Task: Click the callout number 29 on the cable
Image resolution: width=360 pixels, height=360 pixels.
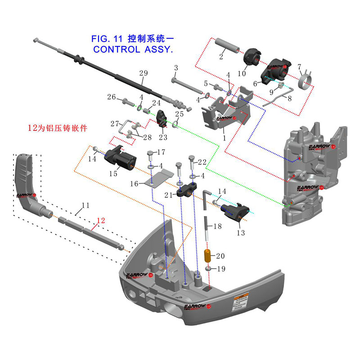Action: [x=143, y=73]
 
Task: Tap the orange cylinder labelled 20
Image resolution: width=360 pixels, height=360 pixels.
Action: [x=208, y=256]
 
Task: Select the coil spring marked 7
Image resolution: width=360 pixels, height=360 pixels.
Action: [x=306, y=78]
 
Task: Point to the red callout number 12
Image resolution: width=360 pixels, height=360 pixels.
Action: [x=100, y=220]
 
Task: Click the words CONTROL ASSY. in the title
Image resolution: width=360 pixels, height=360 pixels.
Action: [x=133, y=49]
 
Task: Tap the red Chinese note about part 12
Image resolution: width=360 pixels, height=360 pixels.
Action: [x=57, y=128]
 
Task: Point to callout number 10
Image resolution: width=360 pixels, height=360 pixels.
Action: [x=242, y=73]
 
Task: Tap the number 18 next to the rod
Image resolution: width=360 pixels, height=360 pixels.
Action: [x=217, y=227]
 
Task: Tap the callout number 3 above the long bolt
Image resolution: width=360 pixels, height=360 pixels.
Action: [x=176, y=68]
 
